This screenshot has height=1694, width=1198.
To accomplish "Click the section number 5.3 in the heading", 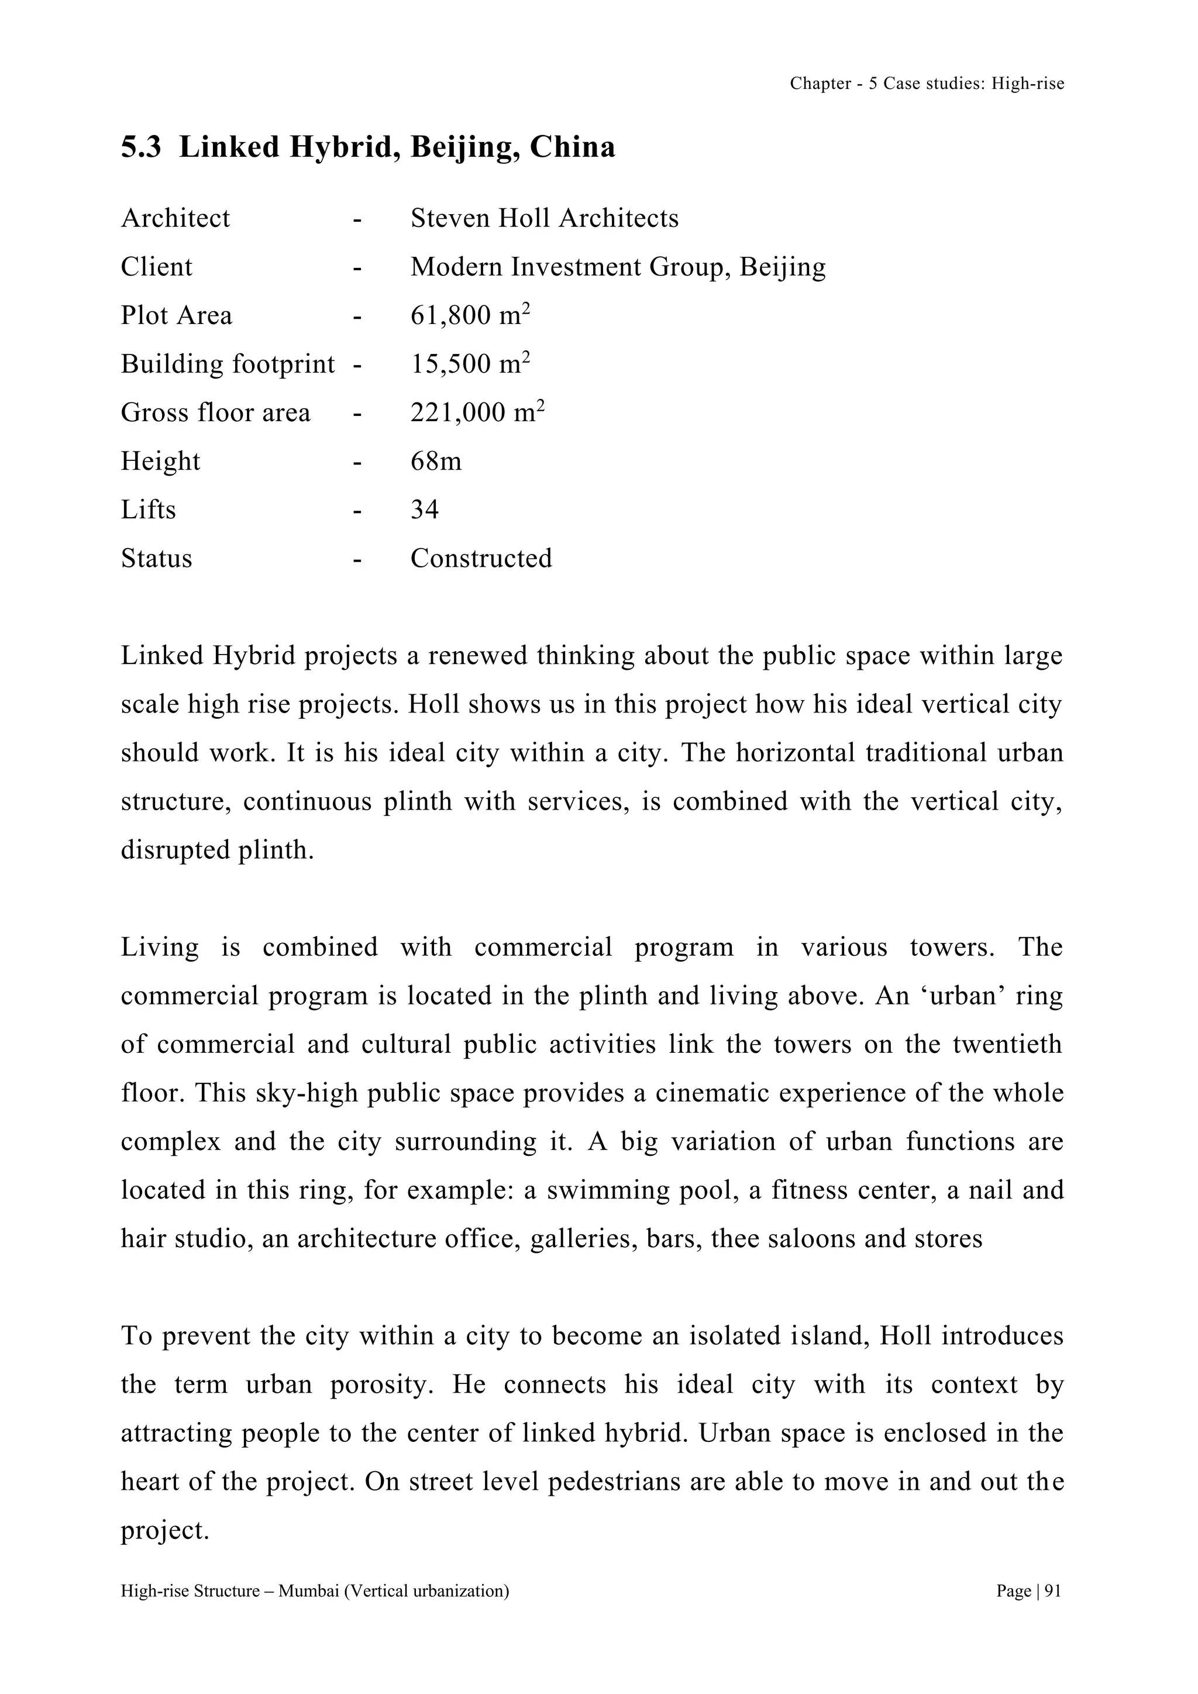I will [141, 147].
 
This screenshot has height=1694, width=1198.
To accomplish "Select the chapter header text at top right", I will [927, 84].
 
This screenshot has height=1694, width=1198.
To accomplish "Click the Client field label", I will [156, 267].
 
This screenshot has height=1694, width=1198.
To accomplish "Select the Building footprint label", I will [227, 364].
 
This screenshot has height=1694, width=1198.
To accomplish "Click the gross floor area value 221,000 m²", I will [477, 412].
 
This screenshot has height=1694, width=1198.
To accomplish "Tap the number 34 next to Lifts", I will [424, 510].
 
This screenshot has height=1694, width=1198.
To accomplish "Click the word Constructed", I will [480, 559].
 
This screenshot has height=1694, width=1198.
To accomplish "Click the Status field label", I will [156, 559].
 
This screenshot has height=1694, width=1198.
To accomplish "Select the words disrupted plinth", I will [217, 850].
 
